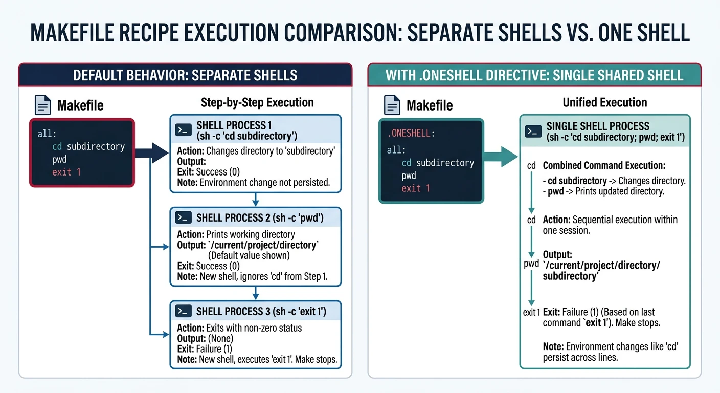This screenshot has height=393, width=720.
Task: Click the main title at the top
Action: (x=359, y=32)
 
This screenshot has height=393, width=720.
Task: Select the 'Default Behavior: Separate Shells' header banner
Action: (x=185, y=75)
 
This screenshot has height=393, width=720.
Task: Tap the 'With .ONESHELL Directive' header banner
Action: (x=534, y=75)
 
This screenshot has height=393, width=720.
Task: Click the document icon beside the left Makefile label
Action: (x=43, y=105)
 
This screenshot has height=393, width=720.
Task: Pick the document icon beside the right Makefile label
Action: (x=392, y=105)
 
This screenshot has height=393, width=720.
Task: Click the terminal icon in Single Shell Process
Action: (x=533, y=132)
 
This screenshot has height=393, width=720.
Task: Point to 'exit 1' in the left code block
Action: (x=66, y=172)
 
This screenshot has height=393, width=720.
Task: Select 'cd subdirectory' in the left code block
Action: (x=88, y=146)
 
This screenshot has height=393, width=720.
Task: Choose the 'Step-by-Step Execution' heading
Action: (x=257, y=102)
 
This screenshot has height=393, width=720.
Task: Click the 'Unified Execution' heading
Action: (x=605, y=102)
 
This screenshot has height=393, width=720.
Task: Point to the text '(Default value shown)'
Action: (x=249, y=255)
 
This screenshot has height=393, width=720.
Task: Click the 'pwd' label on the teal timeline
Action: (x=531, y=264)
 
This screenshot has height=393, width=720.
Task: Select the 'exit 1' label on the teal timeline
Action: (x=531, y=312)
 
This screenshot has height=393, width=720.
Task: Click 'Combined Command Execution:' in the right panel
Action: (x=604, y=166)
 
